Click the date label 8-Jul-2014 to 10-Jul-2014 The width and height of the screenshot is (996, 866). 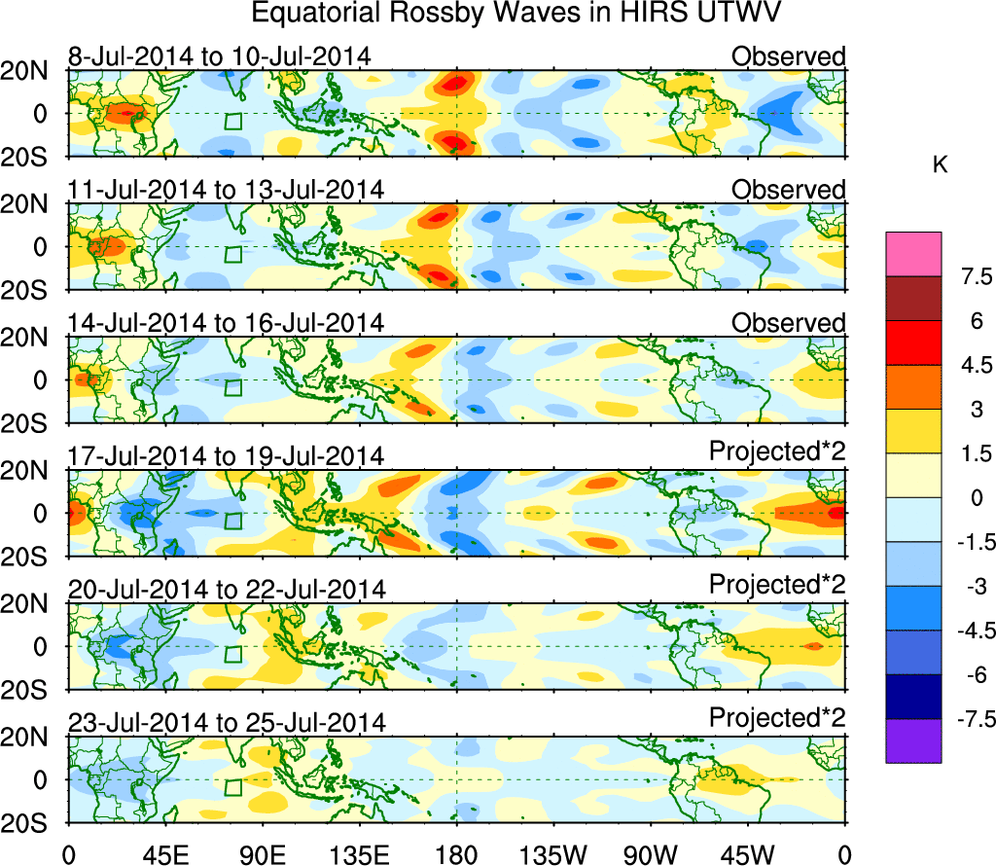219,56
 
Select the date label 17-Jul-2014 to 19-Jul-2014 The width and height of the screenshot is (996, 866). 227,455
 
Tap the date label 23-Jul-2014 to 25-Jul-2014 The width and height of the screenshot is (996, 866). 227,722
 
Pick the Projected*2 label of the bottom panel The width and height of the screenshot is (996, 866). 777,718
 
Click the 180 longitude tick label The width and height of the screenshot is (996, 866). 457,853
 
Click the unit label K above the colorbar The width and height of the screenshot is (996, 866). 940,166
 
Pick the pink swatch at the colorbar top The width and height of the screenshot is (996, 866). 913,254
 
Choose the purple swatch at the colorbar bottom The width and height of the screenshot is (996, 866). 913,740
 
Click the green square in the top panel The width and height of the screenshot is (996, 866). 233,122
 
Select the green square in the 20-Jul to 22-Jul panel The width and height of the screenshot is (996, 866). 233,654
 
